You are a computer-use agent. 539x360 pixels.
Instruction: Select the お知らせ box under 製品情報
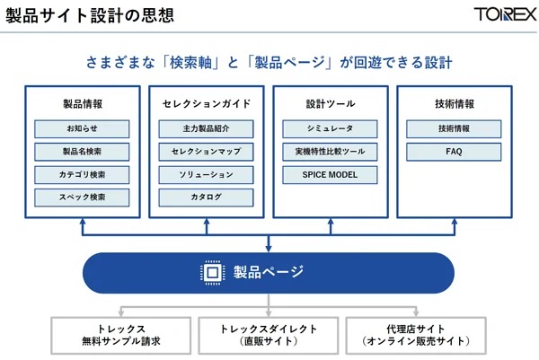click(82, 129)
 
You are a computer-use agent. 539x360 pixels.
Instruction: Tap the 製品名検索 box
click(82, 152)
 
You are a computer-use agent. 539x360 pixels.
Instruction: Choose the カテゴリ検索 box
click(82, 174)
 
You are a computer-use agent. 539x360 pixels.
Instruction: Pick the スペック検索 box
click(82, 197)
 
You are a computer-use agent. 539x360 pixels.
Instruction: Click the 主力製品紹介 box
click(206, 129)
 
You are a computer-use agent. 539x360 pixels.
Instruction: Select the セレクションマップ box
click(206, 152)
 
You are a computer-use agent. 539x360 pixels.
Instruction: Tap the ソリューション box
click(206, 174)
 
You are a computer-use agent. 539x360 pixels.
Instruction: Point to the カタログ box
click(206, 197)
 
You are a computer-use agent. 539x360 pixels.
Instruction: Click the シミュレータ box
click(330, 129)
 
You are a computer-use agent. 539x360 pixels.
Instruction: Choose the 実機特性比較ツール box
click(330, 152)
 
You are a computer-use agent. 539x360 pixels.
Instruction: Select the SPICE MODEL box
click(330, 174)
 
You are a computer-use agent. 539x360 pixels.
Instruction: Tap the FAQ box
click(454, 152)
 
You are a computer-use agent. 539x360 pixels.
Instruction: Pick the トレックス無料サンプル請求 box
click(121, 335)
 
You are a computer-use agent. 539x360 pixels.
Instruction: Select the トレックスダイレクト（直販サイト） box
click(269, 335)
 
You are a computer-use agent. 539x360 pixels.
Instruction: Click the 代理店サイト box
click(416, 335)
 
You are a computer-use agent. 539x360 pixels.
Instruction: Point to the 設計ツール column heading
click(330, 103)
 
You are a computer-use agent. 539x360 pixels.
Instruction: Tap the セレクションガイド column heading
click(206, 103)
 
